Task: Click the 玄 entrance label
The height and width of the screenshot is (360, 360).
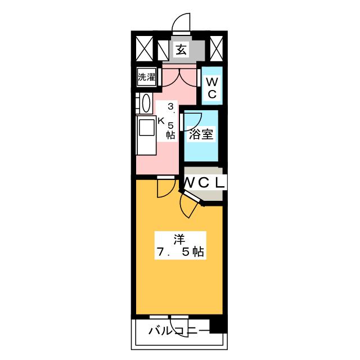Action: (181, 49)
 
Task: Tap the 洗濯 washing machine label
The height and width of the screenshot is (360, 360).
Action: (146, 77)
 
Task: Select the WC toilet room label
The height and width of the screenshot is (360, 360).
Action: (212, 88)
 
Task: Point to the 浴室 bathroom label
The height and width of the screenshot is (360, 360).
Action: (201, 134)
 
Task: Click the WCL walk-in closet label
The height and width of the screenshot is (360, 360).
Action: (204, 183)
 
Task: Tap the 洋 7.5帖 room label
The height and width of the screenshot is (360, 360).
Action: (180, 245)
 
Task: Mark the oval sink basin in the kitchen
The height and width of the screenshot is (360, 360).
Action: (146, 103)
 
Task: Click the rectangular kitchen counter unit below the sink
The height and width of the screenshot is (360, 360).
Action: (146, 135)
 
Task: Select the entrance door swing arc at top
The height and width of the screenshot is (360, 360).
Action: (181, 22)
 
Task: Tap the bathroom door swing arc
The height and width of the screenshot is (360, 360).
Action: (192, 121)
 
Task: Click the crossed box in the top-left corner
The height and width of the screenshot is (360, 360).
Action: (145, 48)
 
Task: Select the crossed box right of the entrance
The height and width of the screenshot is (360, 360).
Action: (216, 48)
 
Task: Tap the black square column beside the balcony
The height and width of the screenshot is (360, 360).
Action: (218, 326)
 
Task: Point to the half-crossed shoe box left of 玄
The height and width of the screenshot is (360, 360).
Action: (163, 50)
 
